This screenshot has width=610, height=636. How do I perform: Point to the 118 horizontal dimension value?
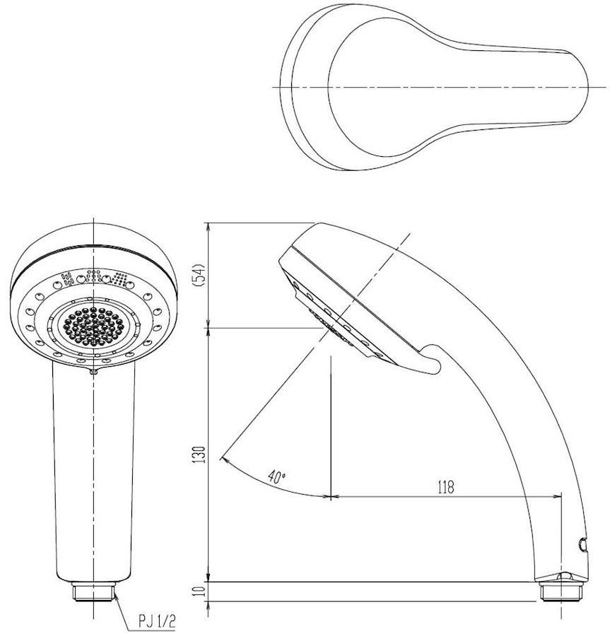(x=445, y=486)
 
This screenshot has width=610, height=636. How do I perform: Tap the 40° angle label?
(x=277, y=476)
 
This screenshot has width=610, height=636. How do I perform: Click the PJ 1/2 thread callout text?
(x=156, y=621)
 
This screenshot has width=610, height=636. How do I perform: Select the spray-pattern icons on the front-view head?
(x=93, y=278)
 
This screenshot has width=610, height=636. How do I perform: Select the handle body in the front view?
(x=93, y=466)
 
